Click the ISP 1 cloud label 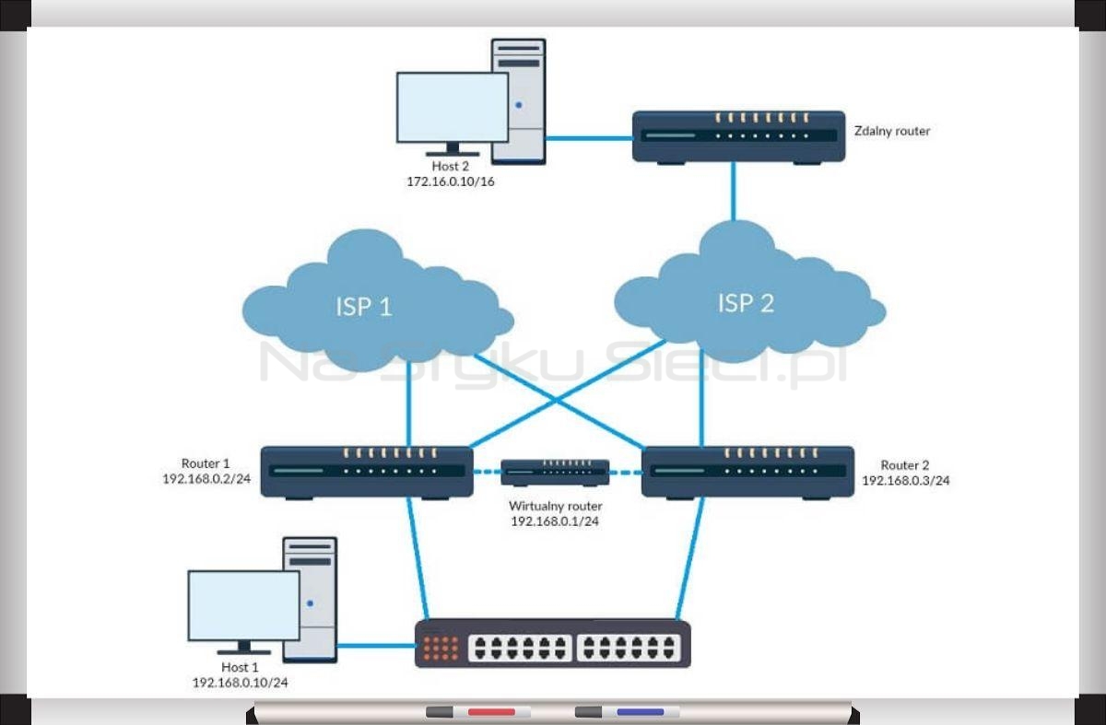click(364, 307)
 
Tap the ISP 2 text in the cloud click(746, 302)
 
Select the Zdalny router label click(892, 131)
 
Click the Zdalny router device click(738, 136)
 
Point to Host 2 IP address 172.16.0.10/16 click(451, 181)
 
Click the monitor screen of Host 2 click(453, 108)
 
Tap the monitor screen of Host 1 click(244, 606)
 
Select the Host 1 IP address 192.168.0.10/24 click(240, 683)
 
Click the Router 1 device click(367, 473)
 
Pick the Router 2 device click(747, 473)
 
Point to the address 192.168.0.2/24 click(206, 479)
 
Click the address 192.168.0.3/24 click(905, 480)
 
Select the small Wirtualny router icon click(555, 473)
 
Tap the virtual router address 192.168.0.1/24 click(555, 521)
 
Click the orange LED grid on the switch click(441, 648)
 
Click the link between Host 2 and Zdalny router click(589, 138)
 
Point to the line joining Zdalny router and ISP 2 click(734, 192)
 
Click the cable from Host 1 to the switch click(376, 645)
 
